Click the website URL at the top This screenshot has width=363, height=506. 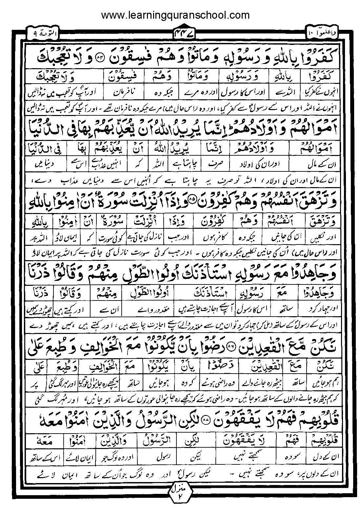coord(175,15)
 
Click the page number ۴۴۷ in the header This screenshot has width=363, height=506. coord(181,33)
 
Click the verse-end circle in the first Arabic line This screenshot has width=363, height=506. coord(100,57)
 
